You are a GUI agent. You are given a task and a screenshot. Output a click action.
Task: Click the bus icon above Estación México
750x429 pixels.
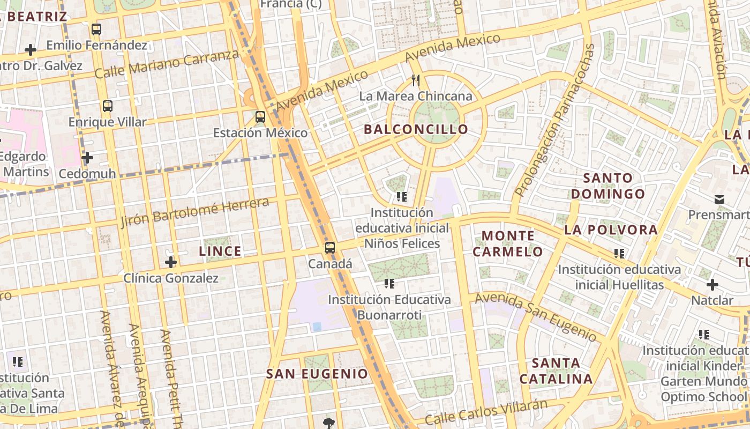[260, 116]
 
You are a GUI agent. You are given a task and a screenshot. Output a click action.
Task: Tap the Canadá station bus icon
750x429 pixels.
[330, 248]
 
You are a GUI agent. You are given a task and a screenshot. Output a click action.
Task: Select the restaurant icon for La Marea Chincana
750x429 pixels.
[416, 80]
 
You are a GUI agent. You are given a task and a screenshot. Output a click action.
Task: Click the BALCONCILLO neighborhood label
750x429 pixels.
[416, 129]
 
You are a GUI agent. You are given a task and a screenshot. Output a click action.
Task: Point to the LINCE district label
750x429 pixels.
[220, 251]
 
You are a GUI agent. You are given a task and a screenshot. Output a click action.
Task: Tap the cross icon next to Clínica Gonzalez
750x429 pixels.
[171, 262]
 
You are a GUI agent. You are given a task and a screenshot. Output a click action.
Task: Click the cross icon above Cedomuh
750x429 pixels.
[87, 158]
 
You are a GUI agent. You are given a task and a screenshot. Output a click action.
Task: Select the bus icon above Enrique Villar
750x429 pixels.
[108, 106]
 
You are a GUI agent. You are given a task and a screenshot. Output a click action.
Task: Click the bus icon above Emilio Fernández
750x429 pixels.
[96, 29]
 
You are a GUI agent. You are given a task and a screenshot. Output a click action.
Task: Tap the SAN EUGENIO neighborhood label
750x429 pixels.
[317, 374]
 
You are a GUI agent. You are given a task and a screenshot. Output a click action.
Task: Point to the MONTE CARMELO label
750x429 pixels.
[508, 243]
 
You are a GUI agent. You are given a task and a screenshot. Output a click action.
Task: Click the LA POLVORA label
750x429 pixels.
[611, 230]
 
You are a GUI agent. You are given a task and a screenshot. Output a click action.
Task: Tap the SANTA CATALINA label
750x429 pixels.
[556, 371]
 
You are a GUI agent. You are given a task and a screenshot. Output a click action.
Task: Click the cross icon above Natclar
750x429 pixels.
[712, 285]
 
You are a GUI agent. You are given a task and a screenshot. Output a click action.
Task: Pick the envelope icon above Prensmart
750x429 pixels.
[719, 199]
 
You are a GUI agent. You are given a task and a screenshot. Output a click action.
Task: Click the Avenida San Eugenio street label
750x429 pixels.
[536, 316]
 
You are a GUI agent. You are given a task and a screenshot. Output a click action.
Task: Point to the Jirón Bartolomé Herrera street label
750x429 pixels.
[195, 212]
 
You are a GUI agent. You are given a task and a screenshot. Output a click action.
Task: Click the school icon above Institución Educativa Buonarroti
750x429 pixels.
[389, 283]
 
